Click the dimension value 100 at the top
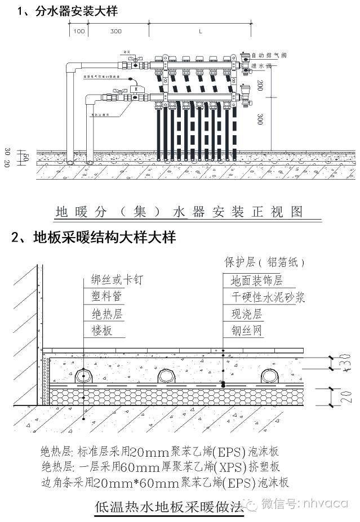click(x=79, y=32)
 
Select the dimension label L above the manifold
click(x=200, y=32)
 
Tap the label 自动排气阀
click(x=269, y=56)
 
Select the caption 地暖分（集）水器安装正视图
click(x=179, y=212)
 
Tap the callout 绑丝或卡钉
click(x=118, y=280)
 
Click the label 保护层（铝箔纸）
click(x=264, y=262)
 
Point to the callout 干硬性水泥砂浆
click(x=268, y=297)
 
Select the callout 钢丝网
click(x=246, y=331)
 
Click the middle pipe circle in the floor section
click(x=167, y=376)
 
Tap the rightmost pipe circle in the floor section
click(x=270, y=376)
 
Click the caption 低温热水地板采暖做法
click(x=171, y=506)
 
